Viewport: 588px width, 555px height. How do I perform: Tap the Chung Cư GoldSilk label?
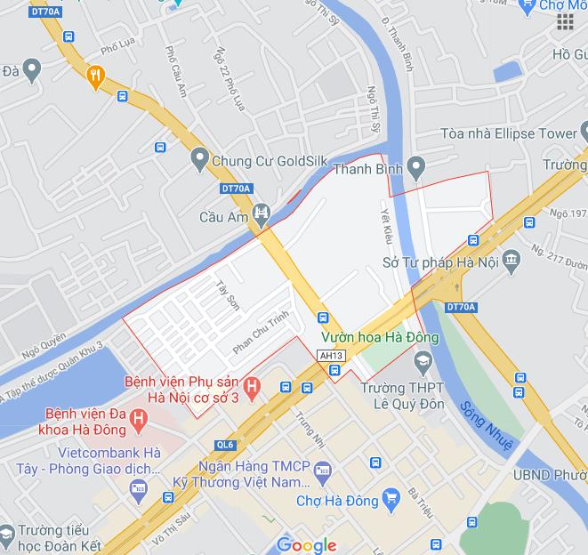tap(265, 162)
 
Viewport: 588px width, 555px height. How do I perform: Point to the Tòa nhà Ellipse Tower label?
tap(509, 133)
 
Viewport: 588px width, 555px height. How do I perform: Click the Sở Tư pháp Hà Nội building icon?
tap(511, 261)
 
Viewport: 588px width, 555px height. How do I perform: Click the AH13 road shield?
tap(330, 355)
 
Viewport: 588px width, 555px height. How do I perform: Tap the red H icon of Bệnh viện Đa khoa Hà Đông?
tap(138, 417)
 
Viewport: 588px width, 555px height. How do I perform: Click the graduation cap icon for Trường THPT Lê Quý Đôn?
tap(423, 360)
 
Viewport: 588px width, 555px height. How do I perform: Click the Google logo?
tap(306, 544)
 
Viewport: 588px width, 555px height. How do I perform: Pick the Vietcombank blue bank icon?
tap(137, 487)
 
